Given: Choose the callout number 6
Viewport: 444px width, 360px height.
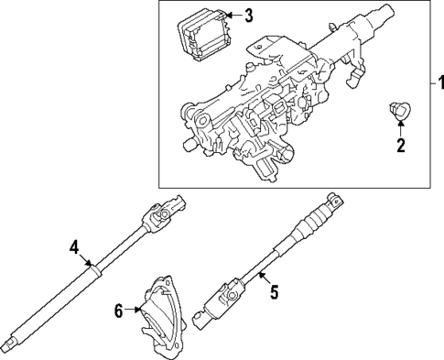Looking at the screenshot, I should (119, 311).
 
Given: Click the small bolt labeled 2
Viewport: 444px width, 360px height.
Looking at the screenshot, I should (398, 112).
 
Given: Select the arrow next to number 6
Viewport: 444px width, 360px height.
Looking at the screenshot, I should (134, 311).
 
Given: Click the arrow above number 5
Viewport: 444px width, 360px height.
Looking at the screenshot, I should (260, 278).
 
